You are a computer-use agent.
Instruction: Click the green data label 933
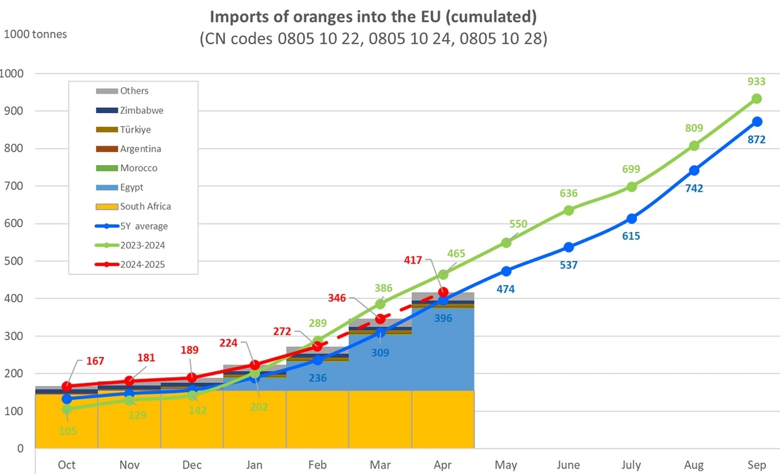pyautogui.click(x=757, y=81)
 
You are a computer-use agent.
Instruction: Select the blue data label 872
pyautogui.click(x=757, y=139)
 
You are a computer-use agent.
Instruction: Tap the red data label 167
pyautogui.click(x=94, y=361)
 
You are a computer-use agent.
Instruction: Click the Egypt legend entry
pyautogui.click(x=131, y=187)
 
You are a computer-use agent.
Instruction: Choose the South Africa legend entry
pyautogui.click(x=145, y=207)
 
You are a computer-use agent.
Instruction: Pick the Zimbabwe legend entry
pyautogui.click(x=141, y=111)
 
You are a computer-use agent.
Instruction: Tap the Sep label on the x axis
pyautogui.click(x=757, y=465)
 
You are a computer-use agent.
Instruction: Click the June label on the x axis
pyautogui.click(x=569, y=465)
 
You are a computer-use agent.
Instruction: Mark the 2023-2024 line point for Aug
pyautogui.click(x=694, y=146)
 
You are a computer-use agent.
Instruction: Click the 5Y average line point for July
pyautogui.click(x=631, y=218)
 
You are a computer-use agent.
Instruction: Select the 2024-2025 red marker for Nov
pyautogui.click(x=129, y=381)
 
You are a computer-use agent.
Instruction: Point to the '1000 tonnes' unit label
pyautogui.click(x=36, y=34)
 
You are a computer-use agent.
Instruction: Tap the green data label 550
pyautogui.click(x=518, y=224)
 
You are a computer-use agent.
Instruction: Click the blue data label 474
pyautogui.click(x=506, y=289)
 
